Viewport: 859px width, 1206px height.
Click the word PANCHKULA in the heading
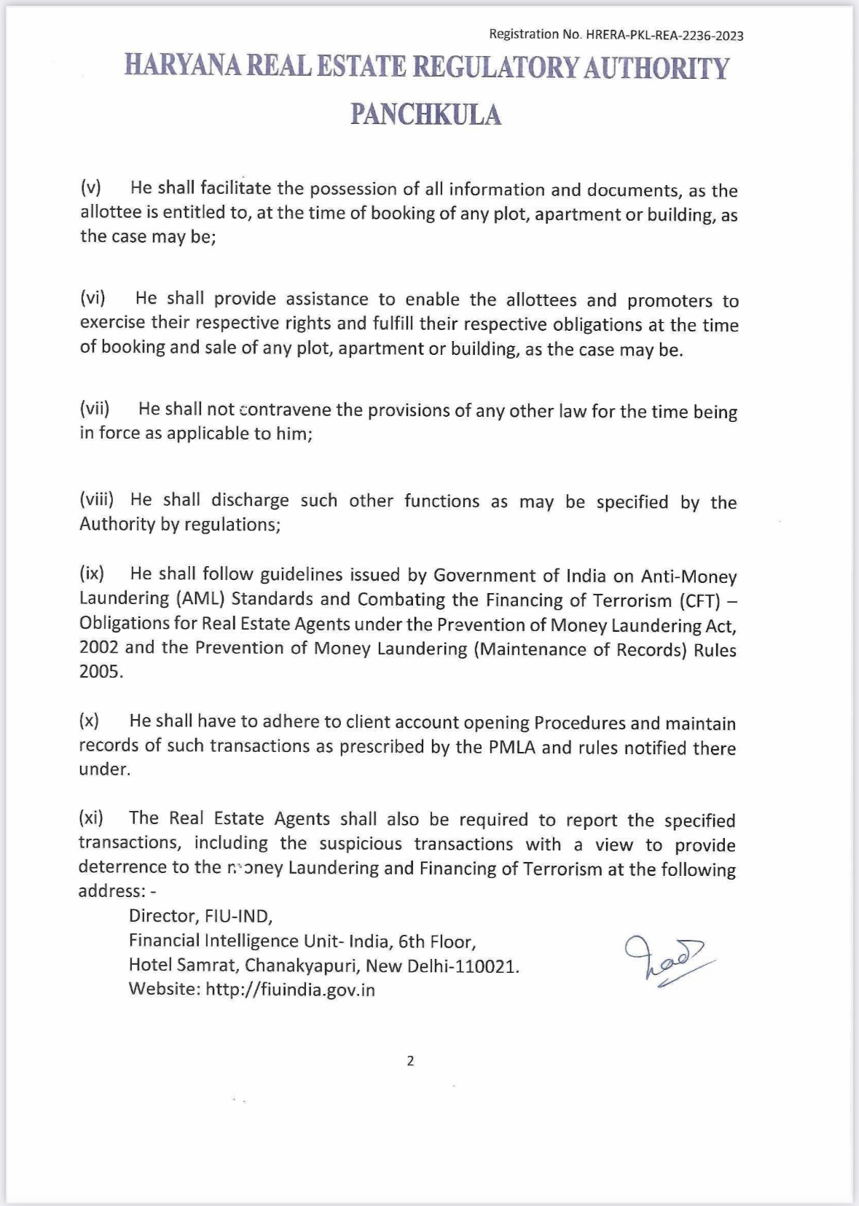pyautogui.click(x=426, y=115)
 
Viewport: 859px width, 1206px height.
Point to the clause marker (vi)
pyautogui.click(x=93, y=298)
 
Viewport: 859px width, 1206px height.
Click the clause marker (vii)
pyautogui.click(x=95, y=408)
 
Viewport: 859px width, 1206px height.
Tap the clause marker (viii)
pyautogui.click(x=97, y=499)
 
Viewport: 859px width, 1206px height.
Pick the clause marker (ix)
pyautogui.click(x=92, y=573)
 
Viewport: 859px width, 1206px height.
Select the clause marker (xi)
pyautogui.click(x=91, y=818)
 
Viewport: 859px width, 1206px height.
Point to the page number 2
pyautogui.click(x=410, y=1061)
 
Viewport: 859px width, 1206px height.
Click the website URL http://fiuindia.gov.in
pyautogui.click(x=290, y=990)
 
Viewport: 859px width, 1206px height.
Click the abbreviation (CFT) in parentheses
pyautogui.click(x=699, y=600)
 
